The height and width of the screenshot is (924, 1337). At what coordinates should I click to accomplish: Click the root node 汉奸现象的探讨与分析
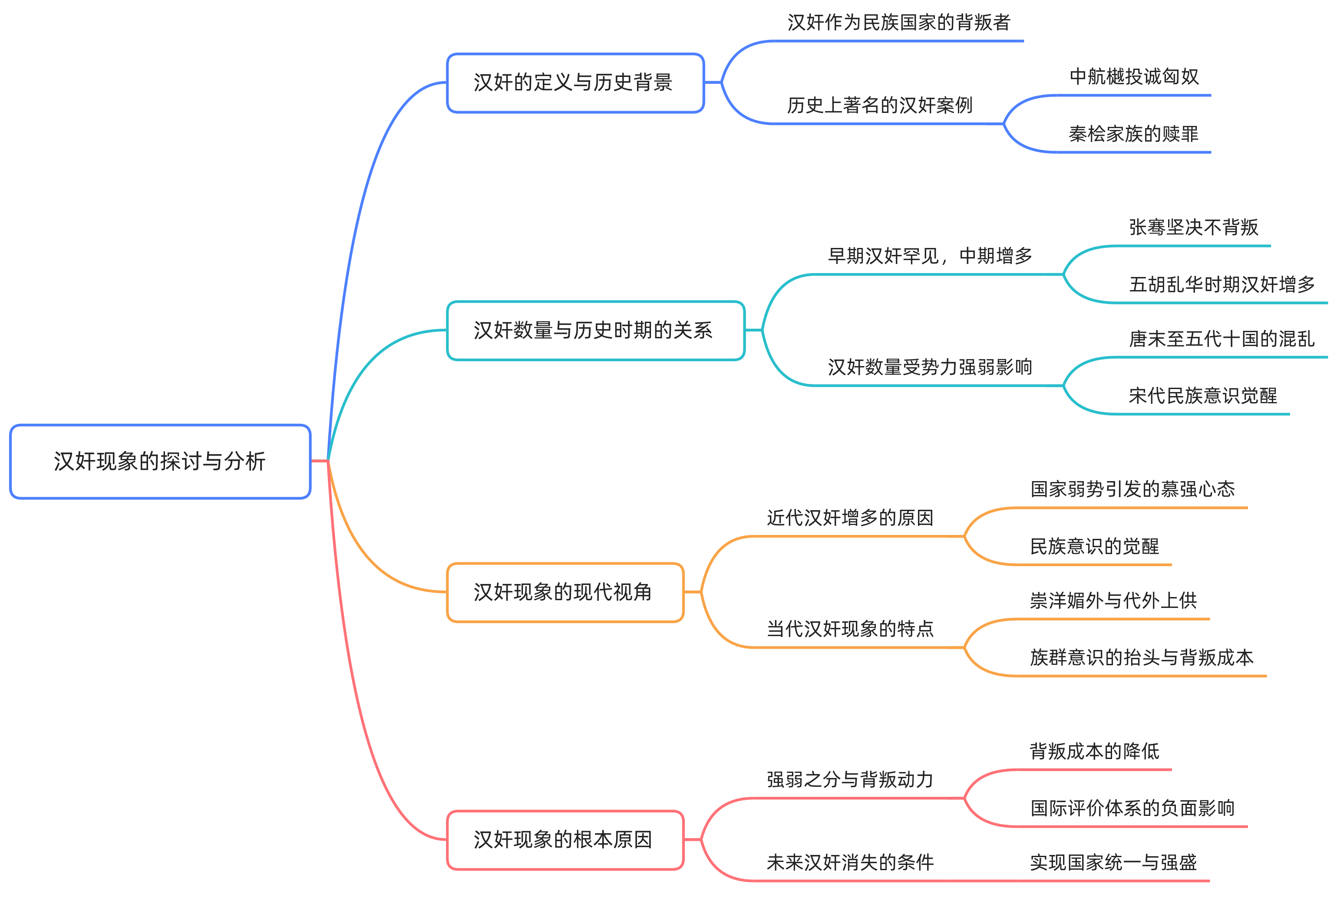click(160, 462)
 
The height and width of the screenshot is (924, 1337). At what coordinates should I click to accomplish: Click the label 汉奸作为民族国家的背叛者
click(899, 23)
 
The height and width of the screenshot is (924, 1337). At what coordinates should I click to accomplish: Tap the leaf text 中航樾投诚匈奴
click(1134, 76)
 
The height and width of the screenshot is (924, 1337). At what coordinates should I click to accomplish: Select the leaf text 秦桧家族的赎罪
click(1133, 134)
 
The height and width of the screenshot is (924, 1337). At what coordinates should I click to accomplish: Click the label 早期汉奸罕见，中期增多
click(930, 256)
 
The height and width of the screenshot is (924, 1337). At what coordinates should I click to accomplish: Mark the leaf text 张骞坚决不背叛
click(1193, 228)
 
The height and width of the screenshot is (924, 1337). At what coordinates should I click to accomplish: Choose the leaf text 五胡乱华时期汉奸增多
click(1222, 285)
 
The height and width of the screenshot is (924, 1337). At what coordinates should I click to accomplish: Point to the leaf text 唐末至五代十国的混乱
click(1222, 339)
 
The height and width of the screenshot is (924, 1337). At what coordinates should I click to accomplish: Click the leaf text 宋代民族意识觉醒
click(1203, 396)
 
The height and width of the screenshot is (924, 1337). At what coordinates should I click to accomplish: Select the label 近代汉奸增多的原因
click(850, 518)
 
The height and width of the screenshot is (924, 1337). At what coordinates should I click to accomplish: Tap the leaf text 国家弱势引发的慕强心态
click(1132, 489)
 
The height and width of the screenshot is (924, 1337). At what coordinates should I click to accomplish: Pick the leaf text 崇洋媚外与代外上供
click(1113, 601)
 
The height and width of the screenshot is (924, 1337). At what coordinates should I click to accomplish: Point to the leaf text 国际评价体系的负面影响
click(1132, 808)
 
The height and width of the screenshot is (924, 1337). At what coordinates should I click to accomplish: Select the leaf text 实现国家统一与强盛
click(1113, 863)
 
